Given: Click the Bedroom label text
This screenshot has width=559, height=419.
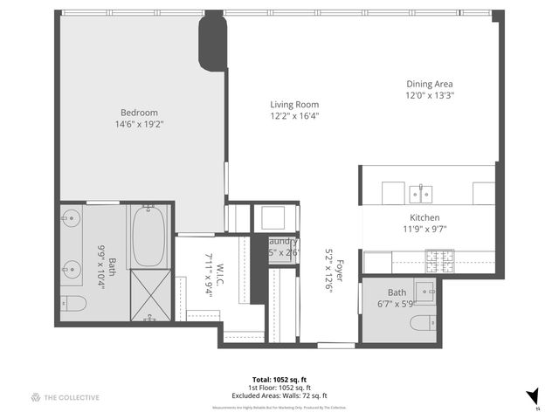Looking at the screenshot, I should (x=139, y=112).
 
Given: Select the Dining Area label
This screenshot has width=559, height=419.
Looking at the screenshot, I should (x=430, y=85).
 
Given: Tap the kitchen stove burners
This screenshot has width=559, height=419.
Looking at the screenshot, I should (x=436, y=259).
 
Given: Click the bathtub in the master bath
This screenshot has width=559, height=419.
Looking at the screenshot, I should (x=148, y=236).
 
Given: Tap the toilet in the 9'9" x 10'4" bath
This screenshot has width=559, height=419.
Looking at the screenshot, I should (x=74, y=304).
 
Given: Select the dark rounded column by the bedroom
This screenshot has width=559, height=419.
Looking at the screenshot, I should (x=212, y=41).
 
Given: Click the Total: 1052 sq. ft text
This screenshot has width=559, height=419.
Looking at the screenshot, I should (x=280, y=379).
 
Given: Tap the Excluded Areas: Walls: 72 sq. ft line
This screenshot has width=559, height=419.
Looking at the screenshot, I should (x=280, y=395).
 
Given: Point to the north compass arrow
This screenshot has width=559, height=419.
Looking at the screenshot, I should (x=532, y=395).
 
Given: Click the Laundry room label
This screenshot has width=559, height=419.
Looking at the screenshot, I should (x=284, y=242).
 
